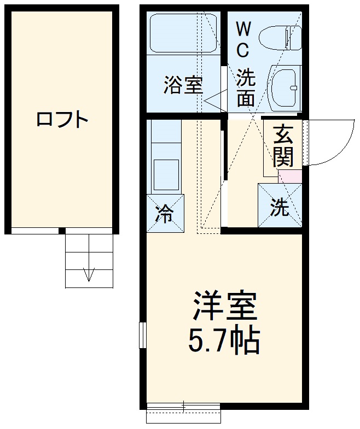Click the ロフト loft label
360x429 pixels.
62,119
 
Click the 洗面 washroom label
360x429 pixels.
246,87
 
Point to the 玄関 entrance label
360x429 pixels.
283,146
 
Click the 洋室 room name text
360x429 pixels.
224,308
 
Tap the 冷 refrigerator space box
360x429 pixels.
165,213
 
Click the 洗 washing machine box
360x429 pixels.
280,207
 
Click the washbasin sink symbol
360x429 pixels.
284,85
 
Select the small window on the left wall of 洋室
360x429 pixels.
142,334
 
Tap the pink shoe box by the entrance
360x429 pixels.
291,177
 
